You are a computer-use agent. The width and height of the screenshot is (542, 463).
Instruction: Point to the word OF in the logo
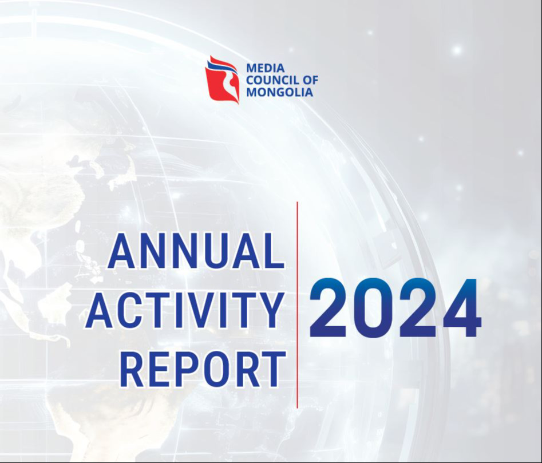click(310, 80)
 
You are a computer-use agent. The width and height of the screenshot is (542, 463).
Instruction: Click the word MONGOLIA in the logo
click(280, 92)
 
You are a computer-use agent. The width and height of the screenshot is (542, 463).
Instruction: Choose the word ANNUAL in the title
click(196, 251)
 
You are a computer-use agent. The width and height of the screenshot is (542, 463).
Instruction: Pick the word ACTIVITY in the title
click(185, 310)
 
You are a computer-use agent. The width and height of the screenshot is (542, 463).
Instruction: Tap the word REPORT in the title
click(203, 369)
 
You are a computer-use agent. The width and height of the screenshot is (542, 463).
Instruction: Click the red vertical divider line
click(297, 304)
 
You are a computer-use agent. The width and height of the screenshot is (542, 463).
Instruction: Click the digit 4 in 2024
click(462, 307)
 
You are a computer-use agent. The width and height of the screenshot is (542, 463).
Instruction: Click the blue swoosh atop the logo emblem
click(222, 66)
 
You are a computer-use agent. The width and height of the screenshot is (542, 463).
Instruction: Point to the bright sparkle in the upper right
click(457, 50)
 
